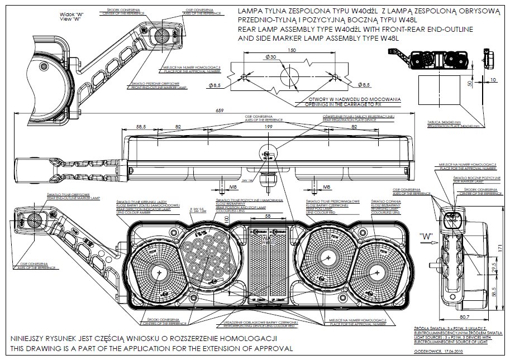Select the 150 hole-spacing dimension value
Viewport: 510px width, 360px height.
[291, 50]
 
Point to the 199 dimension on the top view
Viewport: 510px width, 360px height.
[269, 128]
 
